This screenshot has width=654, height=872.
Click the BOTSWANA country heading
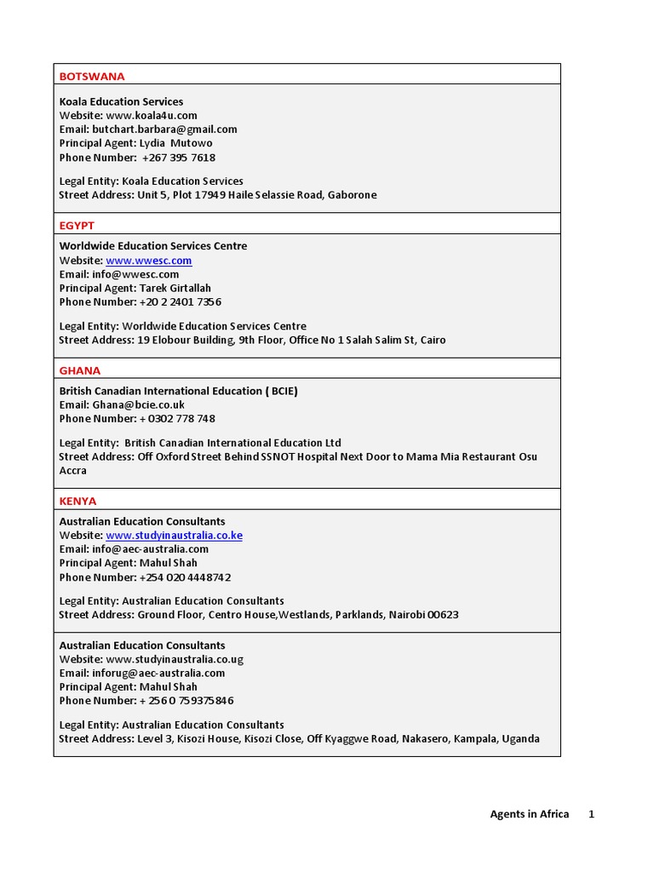pos(92,77)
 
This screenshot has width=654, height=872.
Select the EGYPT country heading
pos(77,226)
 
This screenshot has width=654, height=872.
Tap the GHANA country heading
pos(80,370)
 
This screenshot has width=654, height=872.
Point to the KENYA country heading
pos(78,501)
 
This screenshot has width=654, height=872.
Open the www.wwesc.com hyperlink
pos(149,261)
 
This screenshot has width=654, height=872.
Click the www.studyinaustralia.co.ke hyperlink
pos(175,536)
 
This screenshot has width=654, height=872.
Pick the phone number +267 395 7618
pos(179,158)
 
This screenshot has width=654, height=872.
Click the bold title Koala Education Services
pos(121,101)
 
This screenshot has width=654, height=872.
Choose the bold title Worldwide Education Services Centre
pos(153,246)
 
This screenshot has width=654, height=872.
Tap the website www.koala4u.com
pos(152,115)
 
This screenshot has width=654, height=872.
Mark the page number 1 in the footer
pos(591,814)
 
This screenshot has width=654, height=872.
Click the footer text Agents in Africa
pos(529,814)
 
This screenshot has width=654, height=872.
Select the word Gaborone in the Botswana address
pos(352,195)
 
